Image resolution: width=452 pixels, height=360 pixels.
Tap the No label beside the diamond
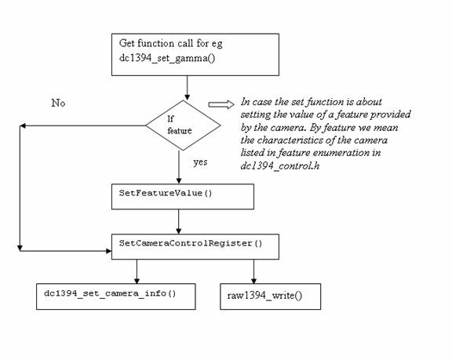[59, 103]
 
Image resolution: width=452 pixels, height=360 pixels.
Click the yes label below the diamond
[199, 162]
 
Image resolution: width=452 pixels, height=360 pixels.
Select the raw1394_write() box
[270, 296]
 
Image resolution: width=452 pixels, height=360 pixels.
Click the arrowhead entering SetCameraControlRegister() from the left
[105, 250]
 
